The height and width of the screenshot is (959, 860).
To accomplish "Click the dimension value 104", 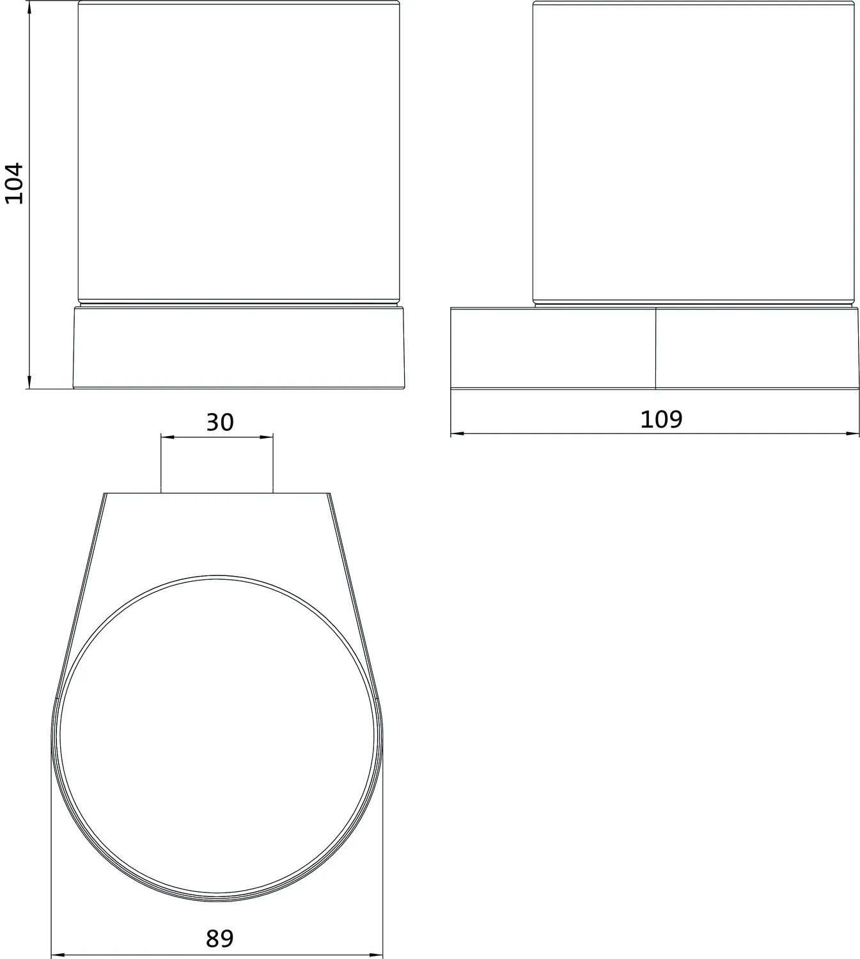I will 14,183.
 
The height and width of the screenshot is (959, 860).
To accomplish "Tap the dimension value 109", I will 661,419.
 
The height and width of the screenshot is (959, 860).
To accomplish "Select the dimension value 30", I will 219,423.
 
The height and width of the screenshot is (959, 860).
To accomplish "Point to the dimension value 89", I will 219,939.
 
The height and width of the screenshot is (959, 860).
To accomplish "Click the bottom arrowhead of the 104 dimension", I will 29,384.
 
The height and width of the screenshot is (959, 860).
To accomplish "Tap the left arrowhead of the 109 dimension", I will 455,434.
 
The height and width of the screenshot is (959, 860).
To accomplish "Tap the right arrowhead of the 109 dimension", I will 854,434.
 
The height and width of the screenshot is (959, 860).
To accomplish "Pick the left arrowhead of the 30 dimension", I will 166,437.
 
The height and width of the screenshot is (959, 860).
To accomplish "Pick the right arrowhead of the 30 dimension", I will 269,437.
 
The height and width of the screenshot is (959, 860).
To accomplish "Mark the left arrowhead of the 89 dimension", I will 56,955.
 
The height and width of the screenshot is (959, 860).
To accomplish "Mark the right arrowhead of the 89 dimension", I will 379,955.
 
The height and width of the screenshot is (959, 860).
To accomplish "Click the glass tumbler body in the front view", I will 239,153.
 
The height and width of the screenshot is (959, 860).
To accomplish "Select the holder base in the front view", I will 239,347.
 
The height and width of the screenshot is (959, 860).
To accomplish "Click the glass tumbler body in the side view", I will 694,153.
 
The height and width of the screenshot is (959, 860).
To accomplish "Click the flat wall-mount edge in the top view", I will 217,494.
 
